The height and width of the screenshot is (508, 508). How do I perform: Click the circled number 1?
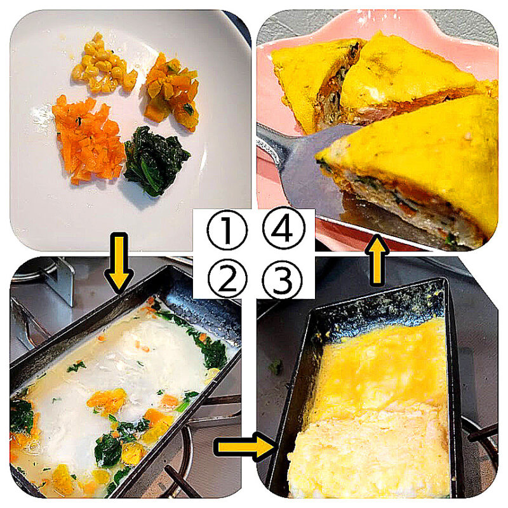[227, 230]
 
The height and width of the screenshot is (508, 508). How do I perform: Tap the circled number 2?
[227, 279]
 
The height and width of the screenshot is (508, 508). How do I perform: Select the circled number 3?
[283, 279]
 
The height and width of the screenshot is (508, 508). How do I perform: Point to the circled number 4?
[283, 228]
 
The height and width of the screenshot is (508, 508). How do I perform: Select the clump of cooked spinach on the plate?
[155, 161]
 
